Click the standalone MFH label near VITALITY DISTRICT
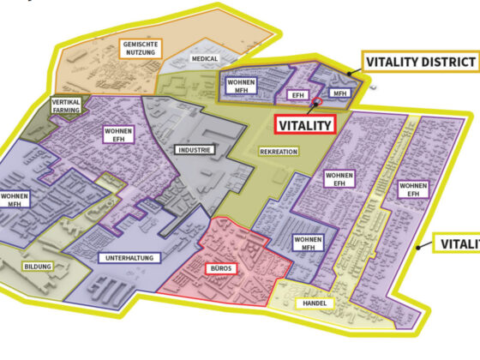tap(340, 92)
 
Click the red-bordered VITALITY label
tap(304, 125)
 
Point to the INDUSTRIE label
tap(195, 149)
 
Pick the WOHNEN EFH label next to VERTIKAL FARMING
tap(118, 136)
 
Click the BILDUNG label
tap(38, 267)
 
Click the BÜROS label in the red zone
tap(220, 268)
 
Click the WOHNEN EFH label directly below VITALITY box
tap(339, 178)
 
